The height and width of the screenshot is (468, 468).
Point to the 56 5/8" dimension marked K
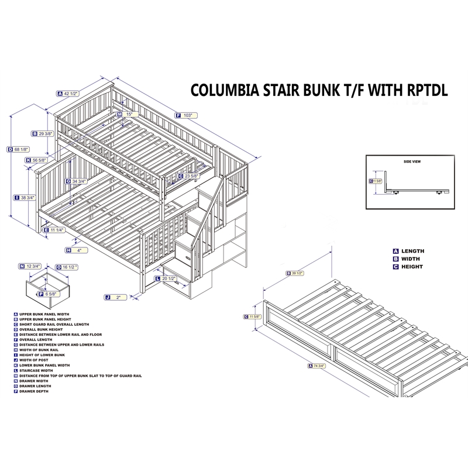coord(39,160)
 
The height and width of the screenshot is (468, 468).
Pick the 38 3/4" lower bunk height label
coord(26,198)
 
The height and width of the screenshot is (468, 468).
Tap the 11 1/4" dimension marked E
coord(57,230)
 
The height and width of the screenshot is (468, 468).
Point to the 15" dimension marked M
coord(128,114)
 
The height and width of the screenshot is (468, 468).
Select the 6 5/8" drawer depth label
coord(50,294)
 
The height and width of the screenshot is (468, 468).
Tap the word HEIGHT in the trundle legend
coord(412,267)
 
